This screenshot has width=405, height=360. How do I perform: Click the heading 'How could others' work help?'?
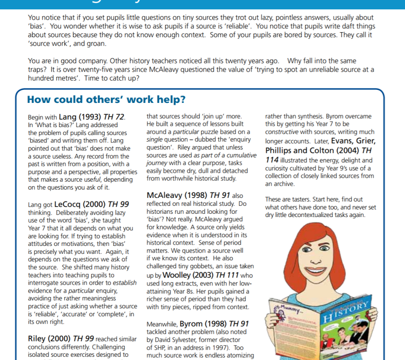pos(106,100)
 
